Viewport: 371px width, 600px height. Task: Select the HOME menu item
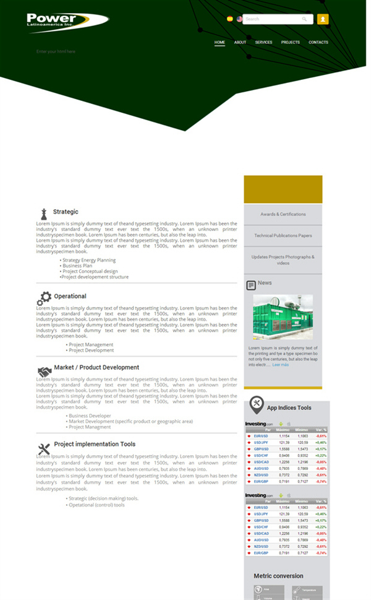click(x=220, y=43)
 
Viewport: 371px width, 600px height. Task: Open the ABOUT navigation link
click(x=240, y=43)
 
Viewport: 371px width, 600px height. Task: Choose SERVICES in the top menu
click(x=263, y=43)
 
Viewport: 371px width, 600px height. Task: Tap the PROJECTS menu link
click(x=290, y=43)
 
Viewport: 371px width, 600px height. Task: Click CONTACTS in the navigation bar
click(x=318, y=43)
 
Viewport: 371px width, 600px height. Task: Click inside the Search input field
click(x=272, y=19)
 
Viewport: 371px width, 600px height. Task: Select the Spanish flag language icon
click(x=230, y=19)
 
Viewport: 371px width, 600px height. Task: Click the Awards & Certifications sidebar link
click(x=283, y=214)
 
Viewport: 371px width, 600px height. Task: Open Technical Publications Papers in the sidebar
click(x=283, y=235)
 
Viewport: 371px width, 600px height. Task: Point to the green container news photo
click(x=283, y=317)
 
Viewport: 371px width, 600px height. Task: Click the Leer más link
click(x=280, y=365)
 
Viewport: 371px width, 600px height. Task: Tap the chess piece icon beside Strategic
click(x=43, y=214)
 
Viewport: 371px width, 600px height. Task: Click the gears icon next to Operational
click(x=44, y=298)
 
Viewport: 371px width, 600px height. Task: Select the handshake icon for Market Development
click(x=44, y=372)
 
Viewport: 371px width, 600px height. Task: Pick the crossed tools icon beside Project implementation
click(x=44, y=449)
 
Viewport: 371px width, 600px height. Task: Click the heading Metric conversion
click(x=278, y=576)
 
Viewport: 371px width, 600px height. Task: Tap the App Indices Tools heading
click(x=289, y=408)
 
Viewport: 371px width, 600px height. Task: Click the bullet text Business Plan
click(x=78, y=266)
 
